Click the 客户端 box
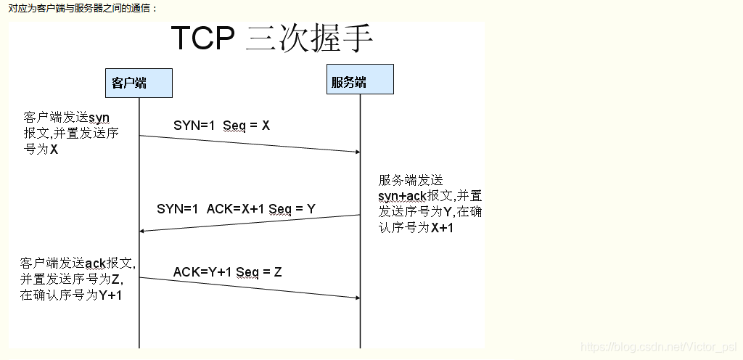point(139,83)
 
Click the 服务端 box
point(359,79)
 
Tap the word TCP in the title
point(203,38)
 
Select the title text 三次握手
point(310,38)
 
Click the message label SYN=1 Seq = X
point(221,126)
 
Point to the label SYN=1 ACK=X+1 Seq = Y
point(236,209)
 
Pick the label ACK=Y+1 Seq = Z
point(227,272)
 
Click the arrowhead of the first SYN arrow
point(358,152)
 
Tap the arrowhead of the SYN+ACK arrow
point(142,231)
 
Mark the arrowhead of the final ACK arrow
point(358,298)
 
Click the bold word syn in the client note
point(99,117)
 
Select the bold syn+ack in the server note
point(403,196)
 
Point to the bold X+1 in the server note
point(443,228)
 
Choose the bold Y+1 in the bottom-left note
point(110,295)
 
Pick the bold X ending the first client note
point(54,150)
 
